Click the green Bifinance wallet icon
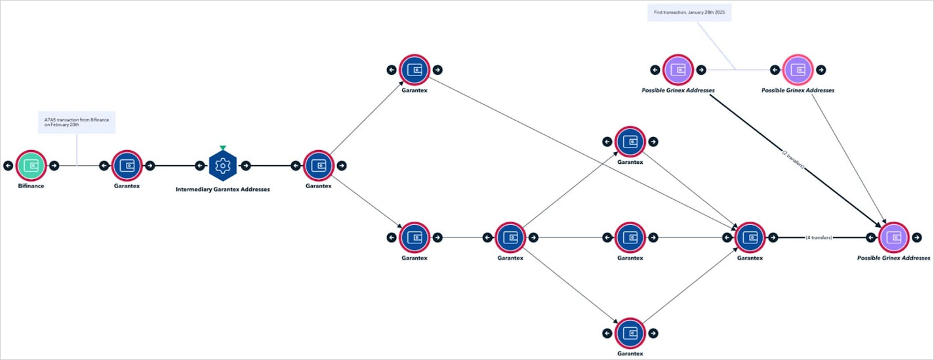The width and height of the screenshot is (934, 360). (31, 165)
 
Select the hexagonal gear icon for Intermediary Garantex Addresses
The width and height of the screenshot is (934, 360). (222, 165)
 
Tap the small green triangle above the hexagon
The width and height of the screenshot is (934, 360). (222, 148)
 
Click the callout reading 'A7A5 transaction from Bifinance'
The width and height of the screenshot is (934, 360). (77, 122)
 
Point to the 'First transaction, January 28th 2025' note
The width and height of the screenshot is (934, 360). (689, 12)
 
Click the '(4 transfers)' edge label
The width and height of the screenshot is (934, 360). (819, 237)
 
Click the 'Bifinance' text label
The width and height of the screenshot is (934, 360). (31, 186)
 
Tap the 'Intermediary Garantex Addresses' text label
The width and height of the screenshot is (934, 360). (222, 189)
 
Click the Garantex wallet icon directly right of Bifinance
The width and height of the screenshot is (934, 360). (127, 165)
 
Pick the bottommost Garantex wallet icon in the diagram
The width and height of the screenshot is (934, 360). (630, 333)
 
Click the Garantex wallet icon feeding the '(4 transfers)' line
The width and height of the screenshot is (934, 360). (750, 237)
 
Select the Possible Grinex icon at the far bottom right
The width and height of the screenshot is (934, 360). (893, 237)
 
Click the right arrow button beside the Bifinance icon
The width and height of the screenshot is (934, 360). (54, 165)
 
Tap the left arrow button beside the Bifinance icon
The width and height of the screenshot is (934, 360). (8, 165)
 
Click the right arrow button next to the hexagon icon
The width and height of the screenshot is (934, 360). (245, 165)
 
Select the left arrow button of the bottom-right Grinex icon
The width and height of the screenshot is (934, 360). (870, 237)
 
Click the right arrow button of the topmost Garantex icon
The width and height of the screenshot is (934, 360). (437, 70)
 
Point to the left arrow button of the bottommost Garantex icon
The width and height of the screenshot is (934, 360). (607, 333)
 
